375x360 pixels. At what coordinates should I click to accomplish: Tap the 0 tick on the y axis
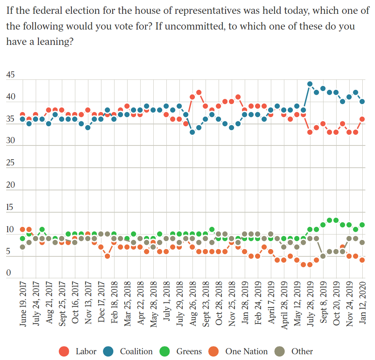[x=8, y=273]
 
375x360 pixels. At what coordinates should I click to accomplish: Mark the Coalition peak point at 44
[x=310, y=84]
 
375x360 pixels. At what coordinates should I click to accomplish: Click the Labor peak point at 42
[x=199, y=92]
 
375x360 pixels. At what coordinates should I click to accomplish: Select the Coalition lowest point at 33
[x=192, y=132]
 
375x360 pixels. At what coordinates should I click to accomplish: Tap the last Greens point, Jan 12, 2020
[x=362, y=225]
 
